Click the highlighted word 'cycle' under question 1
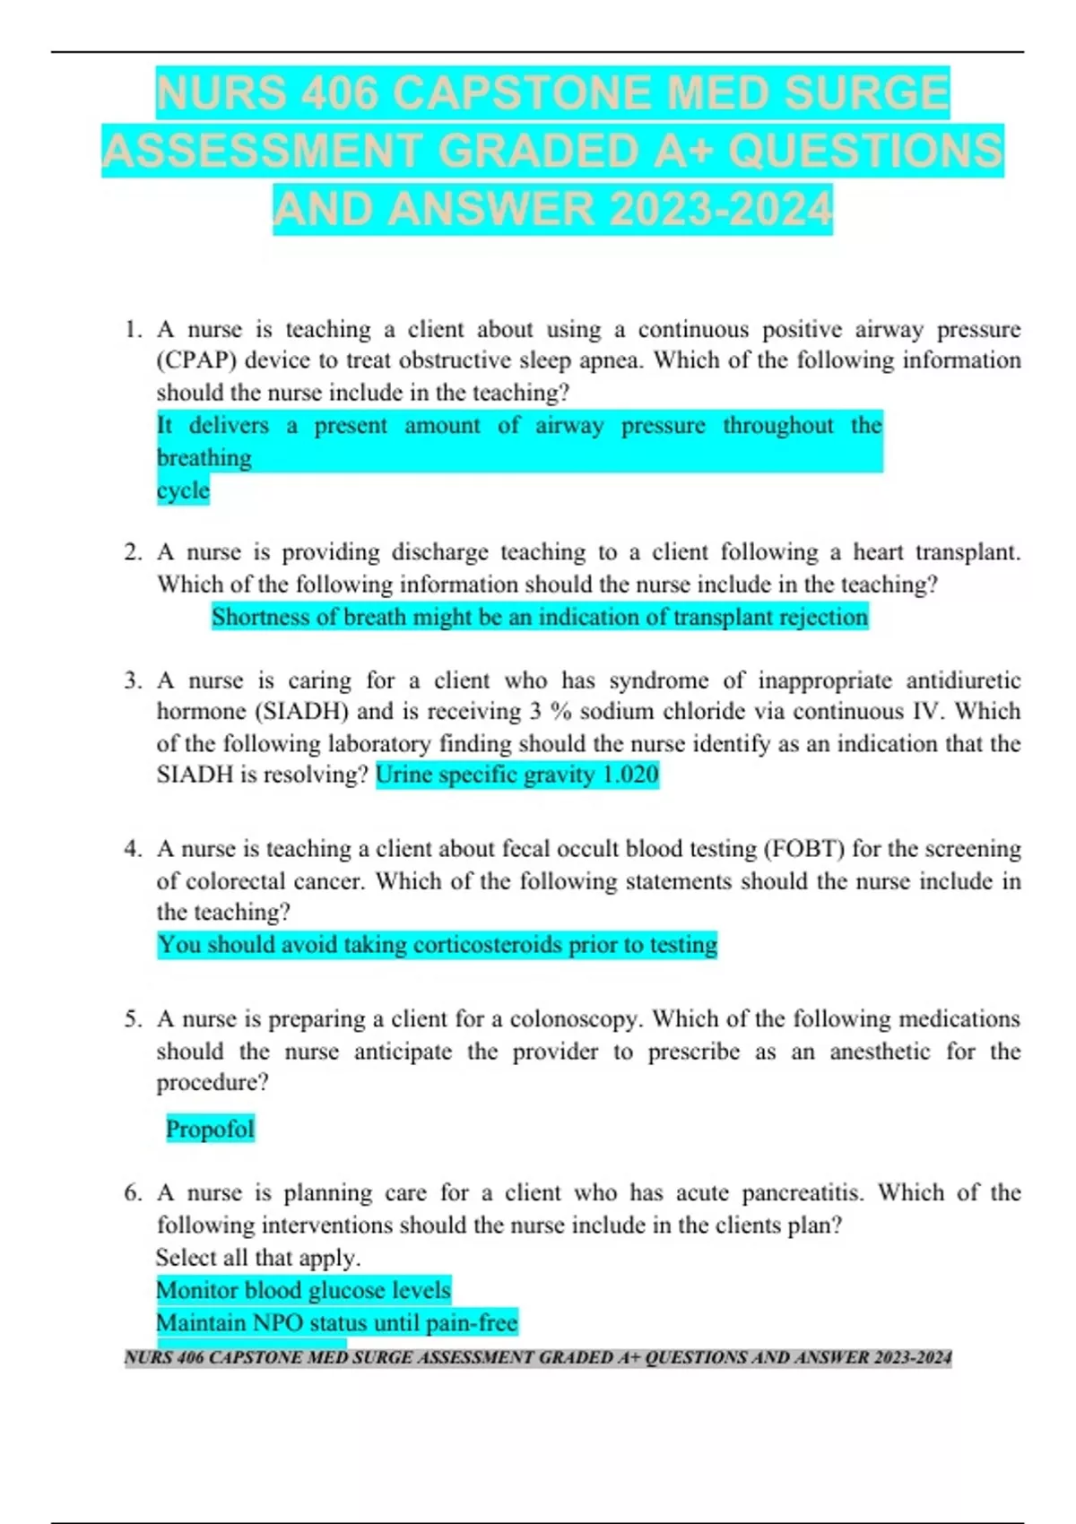183,490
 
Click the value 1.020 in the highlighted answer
630,775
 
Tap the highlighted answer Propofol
210,1129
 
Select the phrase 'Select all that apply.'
258,1258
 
